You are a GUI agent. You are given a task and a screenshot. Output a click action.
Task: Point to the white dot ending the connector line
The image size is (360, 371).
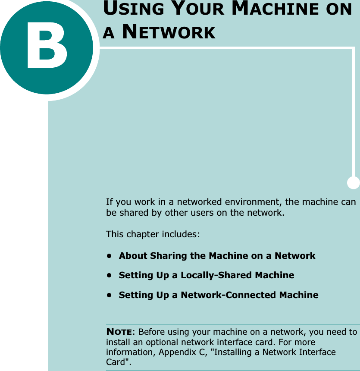[x=353, y=182]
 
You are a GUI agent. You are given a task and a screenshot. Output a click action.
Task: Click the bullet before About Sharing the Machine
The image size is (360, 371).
[x=110, y=256]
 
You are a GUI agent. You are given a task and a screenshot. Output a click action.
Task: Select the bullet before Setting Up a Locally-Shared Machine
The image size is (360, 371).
[x=110, y=275]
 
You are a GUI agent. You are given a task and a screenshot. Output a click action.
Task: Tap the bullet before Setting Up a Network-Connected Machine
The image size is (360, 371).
[x=110, y=295]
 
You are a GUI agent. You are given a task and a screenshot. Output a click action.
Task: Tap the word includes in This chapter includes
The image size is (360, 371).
[x=181, y=235]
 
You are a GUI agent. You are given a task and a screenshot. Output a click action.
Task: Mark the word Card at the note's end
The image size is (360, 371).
[x=116, y=362]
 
